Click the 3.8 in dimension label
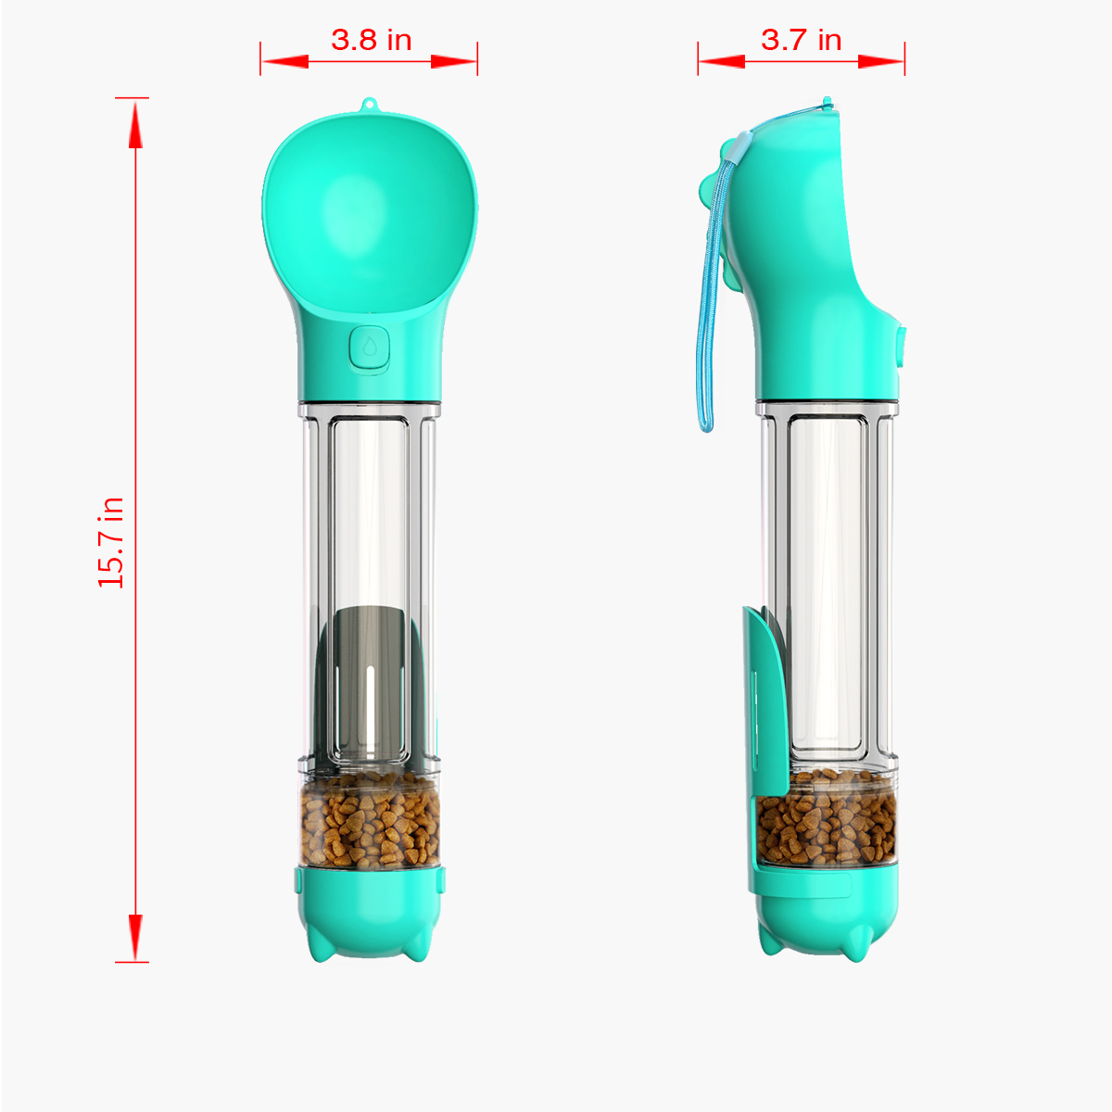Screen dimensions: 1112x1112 click(371, 40)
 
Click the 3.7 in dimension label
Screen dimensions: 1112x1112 click(801, 40)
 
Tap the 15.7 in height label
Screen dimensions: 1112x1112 click(111, 542)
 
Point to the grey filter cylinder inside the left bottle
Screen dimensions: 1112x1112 click(370, 681)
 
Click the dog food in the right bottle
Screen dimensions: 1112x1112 click(827, 818)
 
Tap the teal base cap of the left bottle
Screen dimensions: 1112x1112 click(371, 912)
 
